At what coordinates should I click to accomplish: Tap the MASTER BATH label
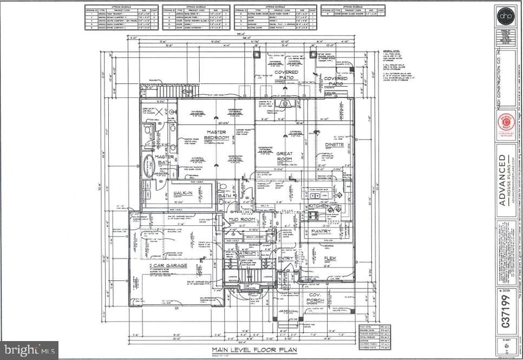[164, 160]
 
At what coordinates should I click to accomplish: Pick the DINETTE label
[335, 145]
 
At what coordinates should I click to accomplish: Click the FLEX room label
[330, 258]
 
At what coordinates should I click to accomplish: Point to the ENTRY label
[285, 258]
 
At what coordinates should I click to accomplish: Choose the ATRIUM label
[247, 253]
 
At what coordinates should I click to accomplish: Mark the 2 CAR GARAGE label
[168, 265]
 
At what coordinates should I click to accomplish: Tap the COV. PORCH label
[315, 297]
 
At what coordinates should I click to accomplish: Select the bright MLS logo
[29, 350]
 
